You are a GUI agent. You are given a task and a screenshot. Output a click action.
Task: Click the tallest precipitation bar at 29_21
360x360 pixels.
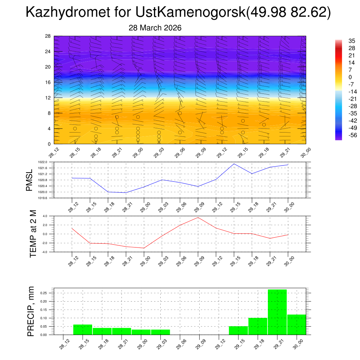[x=277, y=312]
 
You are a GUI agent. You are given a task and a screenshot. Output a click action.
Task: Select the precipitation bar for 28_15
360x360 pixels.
[x=83, y=329]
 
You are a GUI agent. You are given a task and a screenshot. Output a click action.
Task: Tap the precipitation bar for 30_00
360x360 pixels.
[x=296, y=324]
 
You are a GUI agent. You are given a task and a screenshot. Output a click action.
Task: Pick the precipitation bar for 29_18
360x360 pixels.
[x=258, y=326]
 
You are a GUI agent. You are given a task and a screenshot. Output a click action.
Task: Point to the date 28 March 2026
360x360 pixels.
[x=155, y=28]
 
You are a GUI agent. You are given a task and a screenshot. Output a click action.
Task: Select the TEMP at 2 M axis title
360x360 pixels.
[x=33, y=234]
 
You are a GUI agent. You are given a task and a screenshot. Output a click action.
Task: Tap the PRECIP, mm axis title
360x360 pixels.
[x=31, y=311]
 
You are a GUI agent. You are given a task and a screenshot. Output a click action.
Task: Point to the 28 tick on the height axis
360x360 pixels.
[x=48, y=36]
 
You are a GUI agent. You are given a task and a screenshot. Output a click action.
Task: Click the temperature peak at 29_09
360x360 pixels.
[x=198, y=217]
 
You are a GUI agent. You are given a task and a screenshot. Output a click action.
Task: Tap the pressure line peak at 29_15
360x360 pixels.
[x=234, y=163]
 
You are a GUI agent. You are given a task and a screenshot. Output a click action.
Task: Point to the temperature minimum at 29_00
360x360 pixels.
[x=144, y=248]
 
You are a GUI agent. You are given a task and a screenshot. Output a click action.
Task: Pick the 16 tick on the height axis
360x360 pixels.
[x=48, y=82]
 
